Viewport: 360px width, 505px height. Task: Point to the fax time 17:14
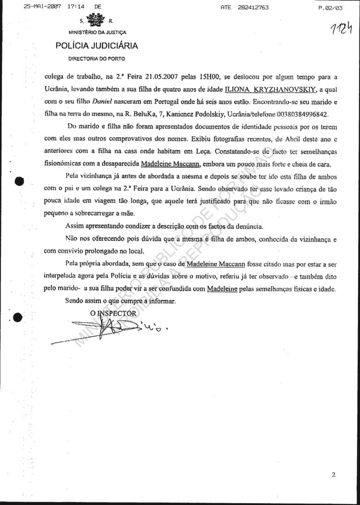71,7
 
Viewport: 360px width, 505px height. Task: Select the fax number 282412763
252,8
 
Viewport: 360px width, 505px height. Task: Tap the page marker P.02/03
330,8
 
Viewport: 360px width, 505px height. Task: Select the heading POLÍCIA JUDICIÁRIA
96,46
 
